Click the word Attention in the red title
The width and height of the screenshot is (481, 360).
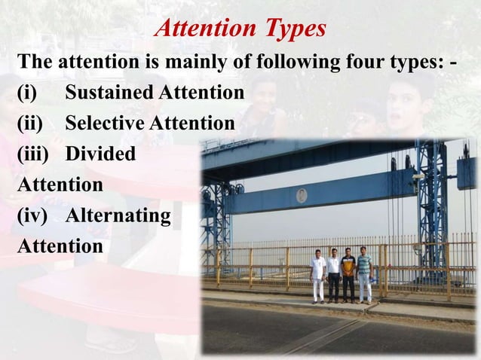tap(202, 29)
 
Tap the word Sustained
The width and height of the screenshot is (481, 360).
tap(109, 93)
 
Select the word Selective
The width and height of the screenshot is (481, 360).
tap(105, 123)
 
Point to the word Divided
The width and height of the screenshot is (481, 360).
tap(100, 154)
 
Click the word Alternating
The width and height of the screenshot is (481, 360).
tap(118, 215)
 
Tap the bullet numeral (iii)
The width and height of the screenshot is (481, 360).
tap(32, 154)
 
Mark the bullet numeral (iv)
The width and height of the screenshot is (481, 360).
tap(32, 215)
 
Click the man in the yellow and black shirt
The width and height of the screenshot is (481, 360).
tap(348, 275)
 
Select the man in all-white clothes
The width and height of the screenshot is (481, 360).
tap(318, 276)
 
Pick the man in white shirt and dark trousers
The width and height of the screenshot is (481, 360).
tap(333, 276)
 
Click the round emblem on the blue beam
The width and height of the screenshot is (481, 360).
tap(302, 196)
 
